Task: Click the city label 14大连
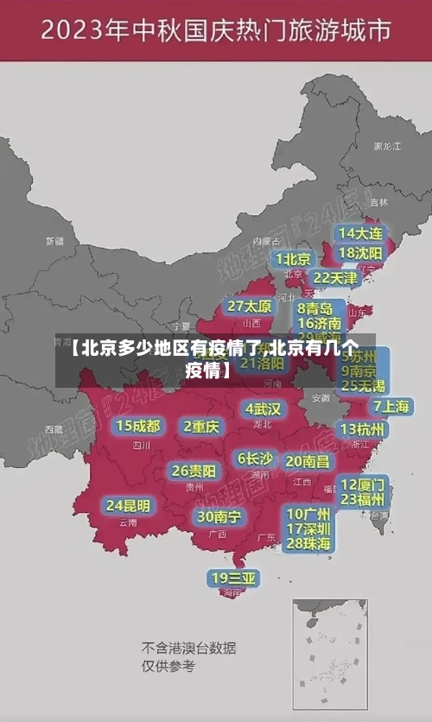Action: click(361, 233)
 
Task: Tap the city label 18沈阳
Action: click(361, 252)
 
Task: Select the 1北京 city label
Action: click(294, 259)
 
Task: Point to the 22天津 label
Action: click(334, 278)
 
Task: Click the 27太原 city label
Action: click(250, 307)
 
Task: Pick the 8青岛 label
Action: click(315, 308)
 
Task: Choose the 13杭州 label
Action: click(363, 429)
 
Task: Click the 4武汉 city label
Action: click(264, 408)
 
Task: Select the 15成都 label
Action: click(138, 426)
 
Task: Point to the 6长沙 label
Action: click(255, 459)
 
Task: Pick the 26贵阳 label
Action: click(194, 472)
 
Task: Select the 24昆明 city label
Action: click(128, 505)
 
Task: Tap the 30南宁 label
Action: click(219, 516)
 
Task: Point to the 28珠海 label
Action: click(308, 543)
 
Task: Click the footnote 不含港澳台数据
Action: click(189, 648)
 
